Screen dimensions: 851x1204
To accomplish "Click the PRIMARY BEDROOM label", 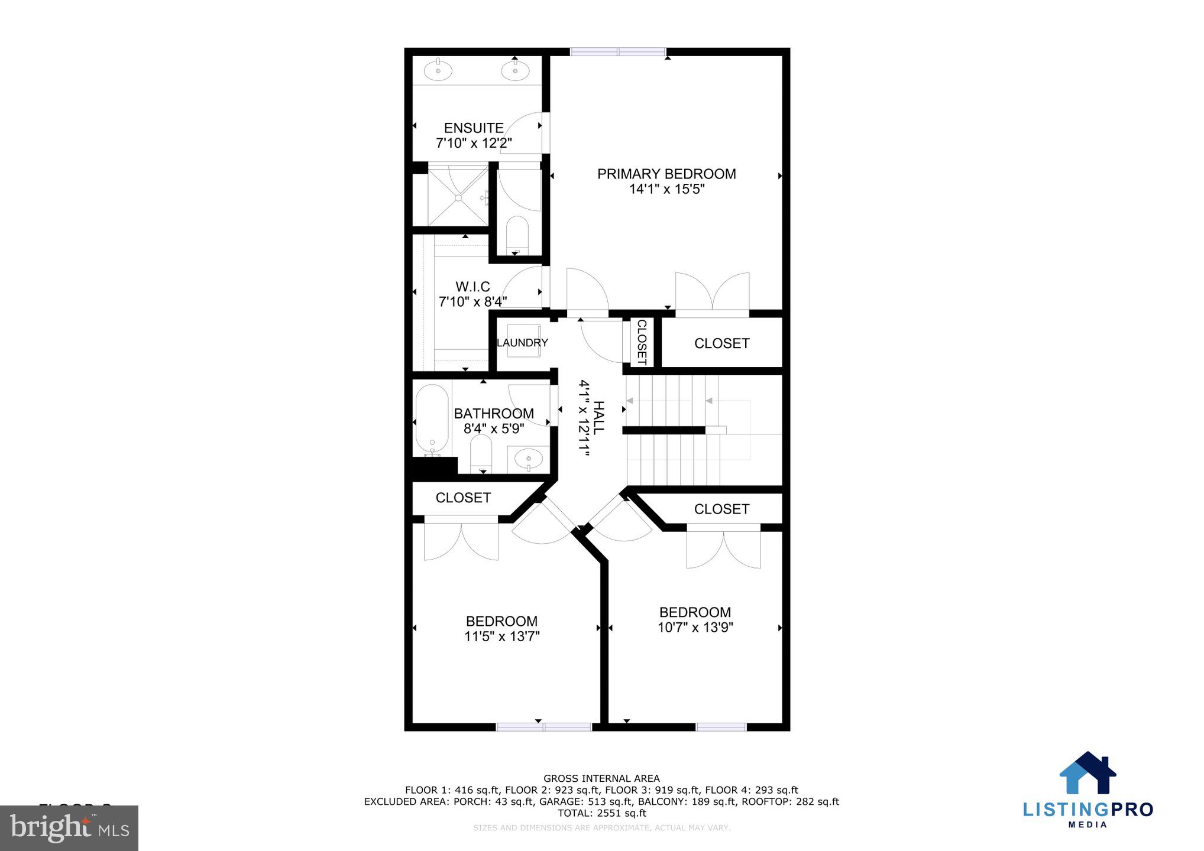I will coord(666,174).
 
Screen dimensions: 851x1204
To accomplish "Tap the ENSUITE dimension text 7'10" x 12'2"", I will coord(474,143).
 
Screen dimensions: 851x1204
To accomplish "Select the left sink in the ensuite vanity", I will coord(438,71).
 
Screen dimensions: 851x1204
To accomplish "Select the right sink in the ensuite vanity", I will coord(515,71).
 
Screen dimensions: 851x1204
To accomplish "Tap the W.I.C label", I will coord(472,287).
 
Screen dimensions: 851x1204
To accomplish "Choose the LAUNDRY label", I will coord(522,343).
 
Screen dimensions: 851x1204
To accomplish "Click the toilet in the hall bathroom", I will coord(481,452).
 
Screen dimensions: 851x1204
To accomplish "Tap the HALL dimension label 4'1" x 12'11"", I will coord(584,418).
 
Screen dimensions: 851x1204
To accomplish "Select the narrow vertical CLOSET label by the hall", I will coord(642,343).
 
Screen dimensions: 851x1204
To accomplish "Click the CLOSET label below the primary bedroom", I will coord(721,343).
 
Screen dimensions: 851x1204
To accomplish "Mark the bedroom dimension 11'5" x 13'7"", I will coord(502,636).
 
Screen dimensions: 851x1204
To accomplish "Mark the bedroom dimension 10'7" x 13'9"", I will coord(695,628).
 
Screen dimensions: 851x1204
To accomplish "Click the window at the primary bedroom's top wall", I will coord(618,52).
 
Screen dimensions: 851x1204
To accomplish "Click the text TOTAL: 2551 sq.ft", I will coord(601,813).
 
